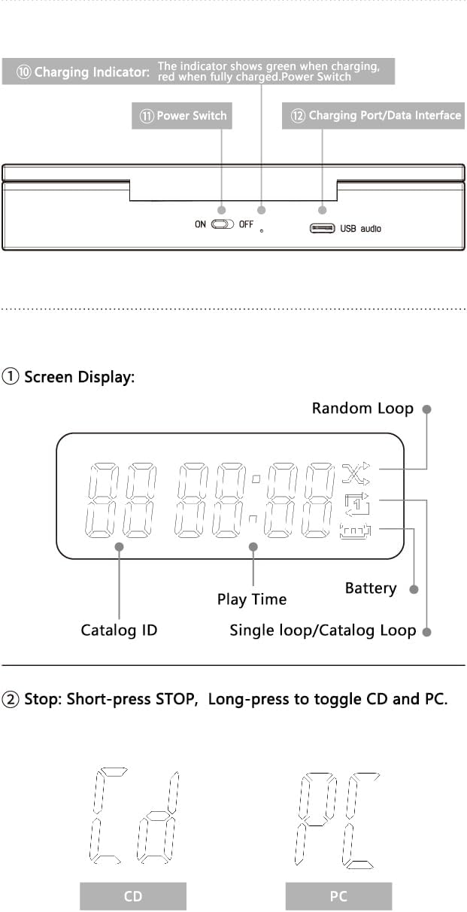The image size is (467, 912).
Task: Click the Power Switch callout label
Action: click(x=181, y=117)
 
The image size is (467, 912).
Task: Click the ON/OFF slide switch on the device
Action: click(x=223, y=224)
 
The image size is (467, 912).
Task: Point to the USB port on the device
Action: click(x=323, y=228)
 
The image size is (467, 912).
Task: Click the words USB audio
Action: click(x=361, y=228)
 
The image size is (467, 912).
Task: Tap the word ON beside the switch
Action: click(x=200, y=224)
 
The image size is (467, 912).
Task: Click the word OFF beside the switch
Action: click(x=246, y=224)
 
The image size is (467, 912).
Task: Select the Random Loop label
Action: click(x=362, y=409)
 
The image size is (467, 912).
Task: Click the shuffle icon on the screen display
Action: click(x=353, y=473)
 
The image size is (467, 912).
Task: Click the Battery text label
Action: click(x=370, y=588)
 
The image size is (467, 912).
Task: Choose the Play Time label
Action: click(x=252, y=600)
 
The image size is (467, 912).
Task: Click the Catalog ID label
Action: click(x=119, y=631)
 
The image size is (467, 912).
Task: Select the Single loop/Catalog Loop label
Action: click(x=323, y=631)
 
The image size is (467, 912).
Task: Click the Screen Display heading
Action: click(x=79, y=377)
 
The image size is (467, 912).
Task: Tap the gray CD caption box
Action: click(x=132, y=896)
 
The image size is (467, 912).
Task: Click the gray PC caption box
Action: click(x=338, y=896)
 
